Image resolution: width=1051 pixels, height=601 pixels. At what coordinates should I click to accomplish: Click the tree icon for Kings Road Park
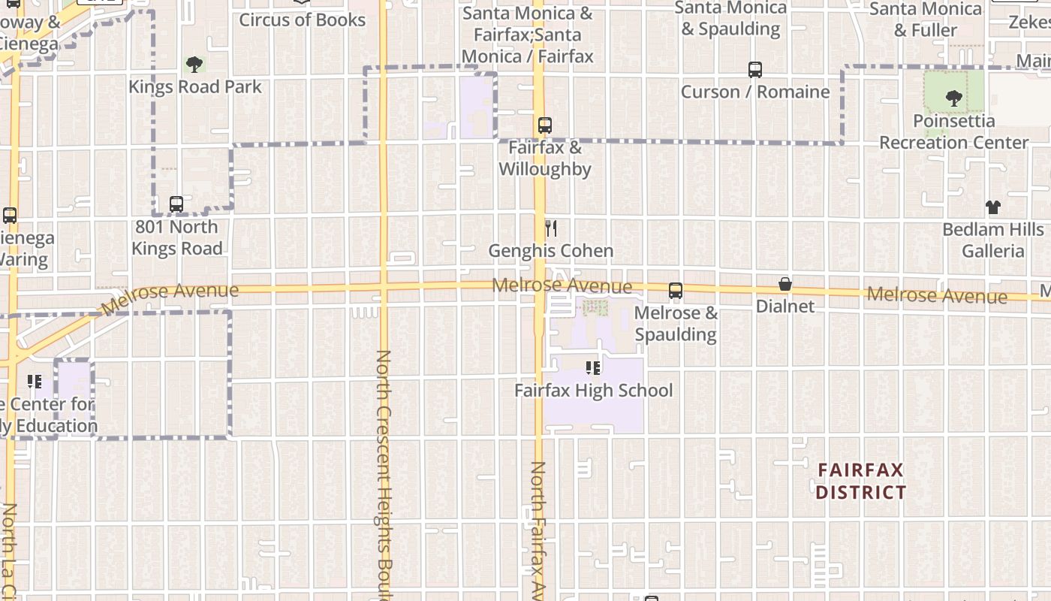pos(194,65)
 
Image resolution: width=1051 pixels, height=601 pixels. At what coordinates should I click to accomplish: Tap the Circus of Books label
pos(302,20)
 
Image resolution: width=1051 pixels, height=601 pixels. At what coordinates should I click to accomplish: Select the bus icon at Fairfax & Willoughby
pos(545,125)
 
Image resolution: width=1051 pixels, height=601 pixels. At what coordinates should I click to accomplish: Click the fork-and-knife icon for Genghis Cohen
pos(551,228)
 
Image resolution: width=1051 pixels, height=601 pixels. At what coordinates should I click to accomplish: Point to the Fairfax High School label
pos(593,391)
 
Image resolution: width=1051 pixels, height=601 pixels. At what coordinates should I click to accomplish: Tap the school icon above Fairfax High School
pos(593,368)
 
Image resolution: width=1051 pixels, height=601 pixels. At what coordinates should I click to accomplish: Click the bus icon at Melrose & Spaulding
pos(676,291)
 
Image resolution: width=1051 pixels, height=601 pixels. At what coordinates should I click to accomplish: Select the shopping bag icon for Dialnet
pos(785,284)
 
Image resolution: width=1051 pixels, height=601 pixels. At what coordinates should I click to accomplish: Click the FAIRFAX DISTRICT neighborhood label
pos(860,482)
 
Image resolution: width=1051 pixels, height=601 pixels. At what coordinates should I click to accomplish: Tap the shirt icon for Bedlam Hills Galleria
pos(993,207)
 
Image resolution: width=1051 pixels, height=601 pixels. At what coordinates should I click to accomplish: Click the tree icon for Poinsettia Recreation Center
pos(954,98)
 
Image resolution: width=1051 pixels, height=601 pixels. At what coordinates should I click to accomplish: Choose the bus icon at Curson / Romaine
pos(755,70)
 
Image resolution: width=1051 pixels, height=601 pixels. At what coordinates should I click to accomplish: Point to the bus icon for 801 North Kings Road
pos(176,204)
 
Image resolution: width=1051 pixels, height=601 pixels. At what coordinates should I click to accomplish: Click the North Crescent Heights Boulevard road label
pos(384,473)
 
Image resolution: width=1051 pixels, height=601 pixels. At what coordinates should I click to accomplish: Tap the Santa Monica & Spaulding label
pos(730,19)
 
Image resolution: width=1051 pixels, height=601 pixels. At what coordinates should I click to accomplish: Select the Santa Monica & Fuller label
pos(926,20)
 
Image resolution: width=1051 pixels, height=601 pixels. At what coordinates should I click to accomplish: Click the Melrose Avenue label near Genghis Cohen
pos(562,286)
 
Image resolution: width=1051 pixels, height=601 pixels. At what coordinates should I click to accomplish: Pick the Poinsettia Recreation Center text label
pos(953,131)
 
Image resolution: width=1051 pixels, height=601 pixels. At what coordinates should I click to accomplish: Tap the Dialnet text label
pos(785,307)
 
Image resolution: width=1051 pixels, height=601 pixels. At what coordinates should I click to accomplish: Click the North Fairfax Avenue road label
pos(538,530)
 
